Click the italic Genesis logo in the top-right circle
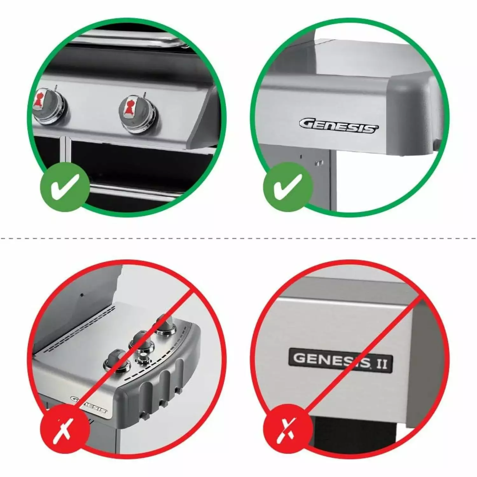click(x=339, y=126)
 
